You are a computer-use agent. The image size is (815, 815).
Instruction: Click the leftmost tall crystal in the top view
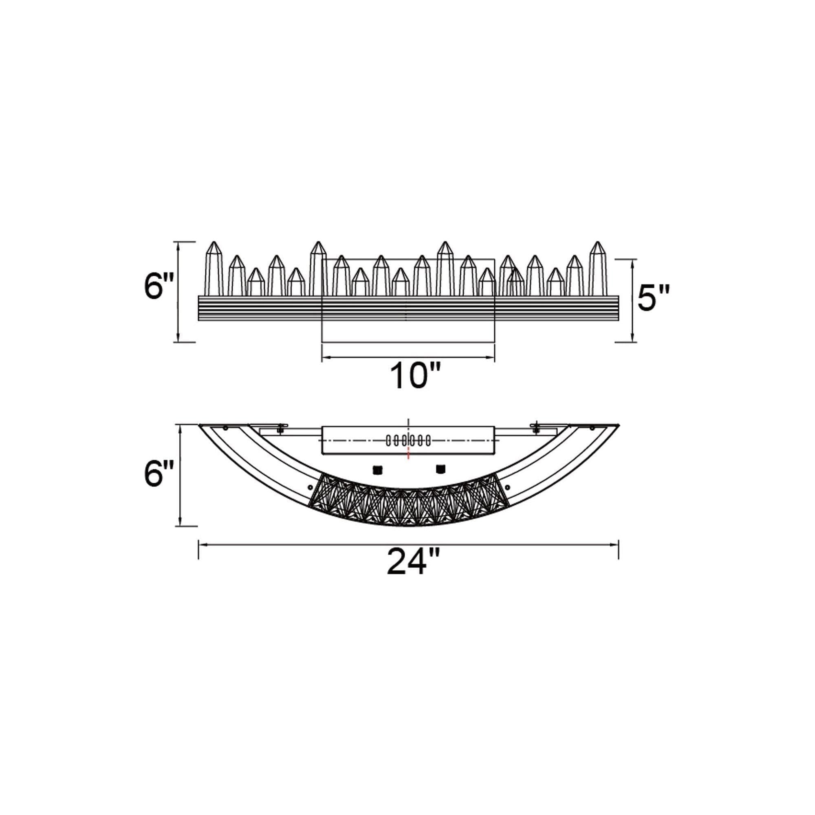pyautogui.click(x=214, y=269)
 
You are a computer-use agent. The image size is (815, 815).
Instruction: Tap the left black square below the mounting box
pyautogui.click(x=377, y=469)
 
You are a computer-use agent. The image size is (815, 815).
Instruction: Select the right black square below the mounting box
pyautogui.click(x=441, y=468)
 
